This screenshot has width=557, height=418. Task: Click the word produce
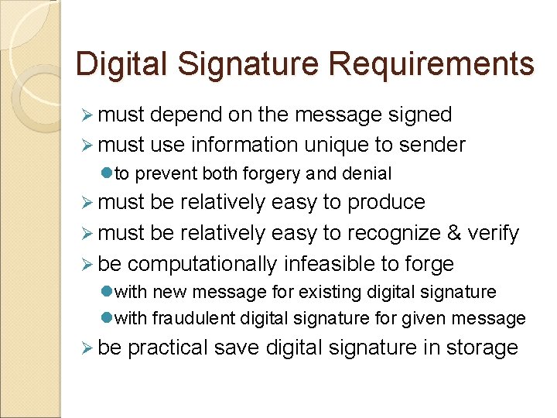pos(386,203)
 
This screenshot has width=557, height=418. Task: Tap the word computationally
pos(202,264)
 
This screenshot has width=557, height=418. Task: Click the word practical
pos(168,348)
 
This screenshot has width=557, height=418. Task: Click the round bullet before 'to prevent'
pos(107,174)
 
